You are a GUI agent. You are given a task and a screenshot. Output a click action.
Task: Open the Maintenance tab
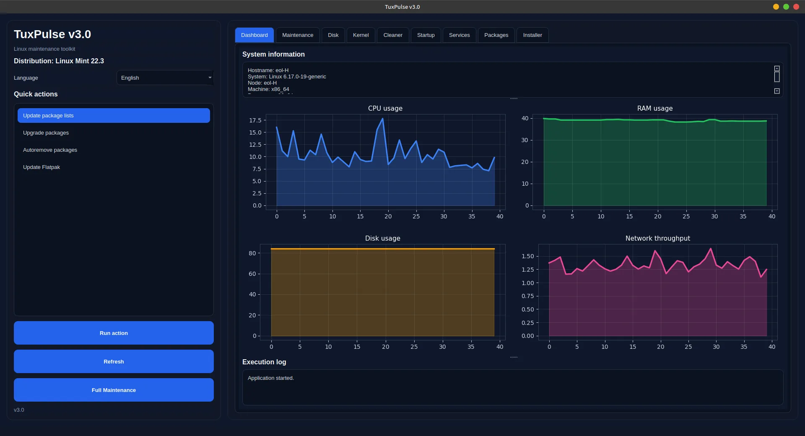coord(297,35)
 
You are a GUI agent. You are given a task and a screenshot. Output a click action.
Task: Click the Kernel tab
coord(361,35)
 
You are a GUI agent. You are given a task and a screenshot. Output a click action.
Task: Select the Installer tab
coord(532,35)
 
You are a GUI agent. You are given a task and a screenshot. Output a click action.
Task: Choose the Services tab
coord(459,35)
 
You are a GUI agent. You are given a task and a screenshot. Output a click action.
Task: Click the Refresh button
coord(114,361)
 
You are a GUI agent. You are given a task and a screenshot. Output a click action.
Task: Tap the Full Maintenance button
coord(114,390)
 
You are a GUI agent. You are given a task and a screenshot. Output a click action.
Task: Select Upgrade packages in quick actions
coord(46,133)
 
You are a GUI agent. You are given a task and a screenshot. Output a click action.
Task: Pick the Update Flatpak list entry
coord(42,167)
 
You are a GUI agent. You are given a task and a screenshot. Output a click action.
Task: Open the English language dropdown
coord(165,78)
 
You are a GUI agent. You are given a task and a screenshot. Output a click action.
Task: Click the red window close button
coord(796,7)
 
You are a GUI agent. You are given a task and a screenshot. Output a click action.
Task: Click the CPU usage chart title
coord(385,108)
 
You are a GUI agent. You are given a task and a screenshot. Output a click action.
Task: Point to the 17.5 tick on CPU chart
coord(255,120)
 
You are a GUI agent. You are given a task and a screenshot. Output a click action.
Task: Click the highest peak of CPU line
coord(382,119)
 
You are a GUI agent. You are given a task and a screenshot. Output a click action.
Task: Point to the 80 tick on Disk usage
coord(252,253)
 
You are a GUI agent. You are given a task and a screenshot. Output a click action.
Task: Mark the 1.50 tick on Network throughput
coord(527,256)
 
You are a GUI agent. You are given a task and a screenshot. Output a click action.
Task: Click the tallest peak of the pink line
coord(711,249)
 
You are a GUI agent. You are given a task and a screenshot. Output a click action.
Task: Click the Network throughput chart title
coord(657,238)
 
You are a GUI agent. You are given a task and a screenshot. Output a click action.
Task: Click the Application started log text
coord(270,378)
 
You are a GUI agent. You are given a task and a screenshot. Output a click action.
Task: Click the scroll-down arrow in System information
coord(776,91)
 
